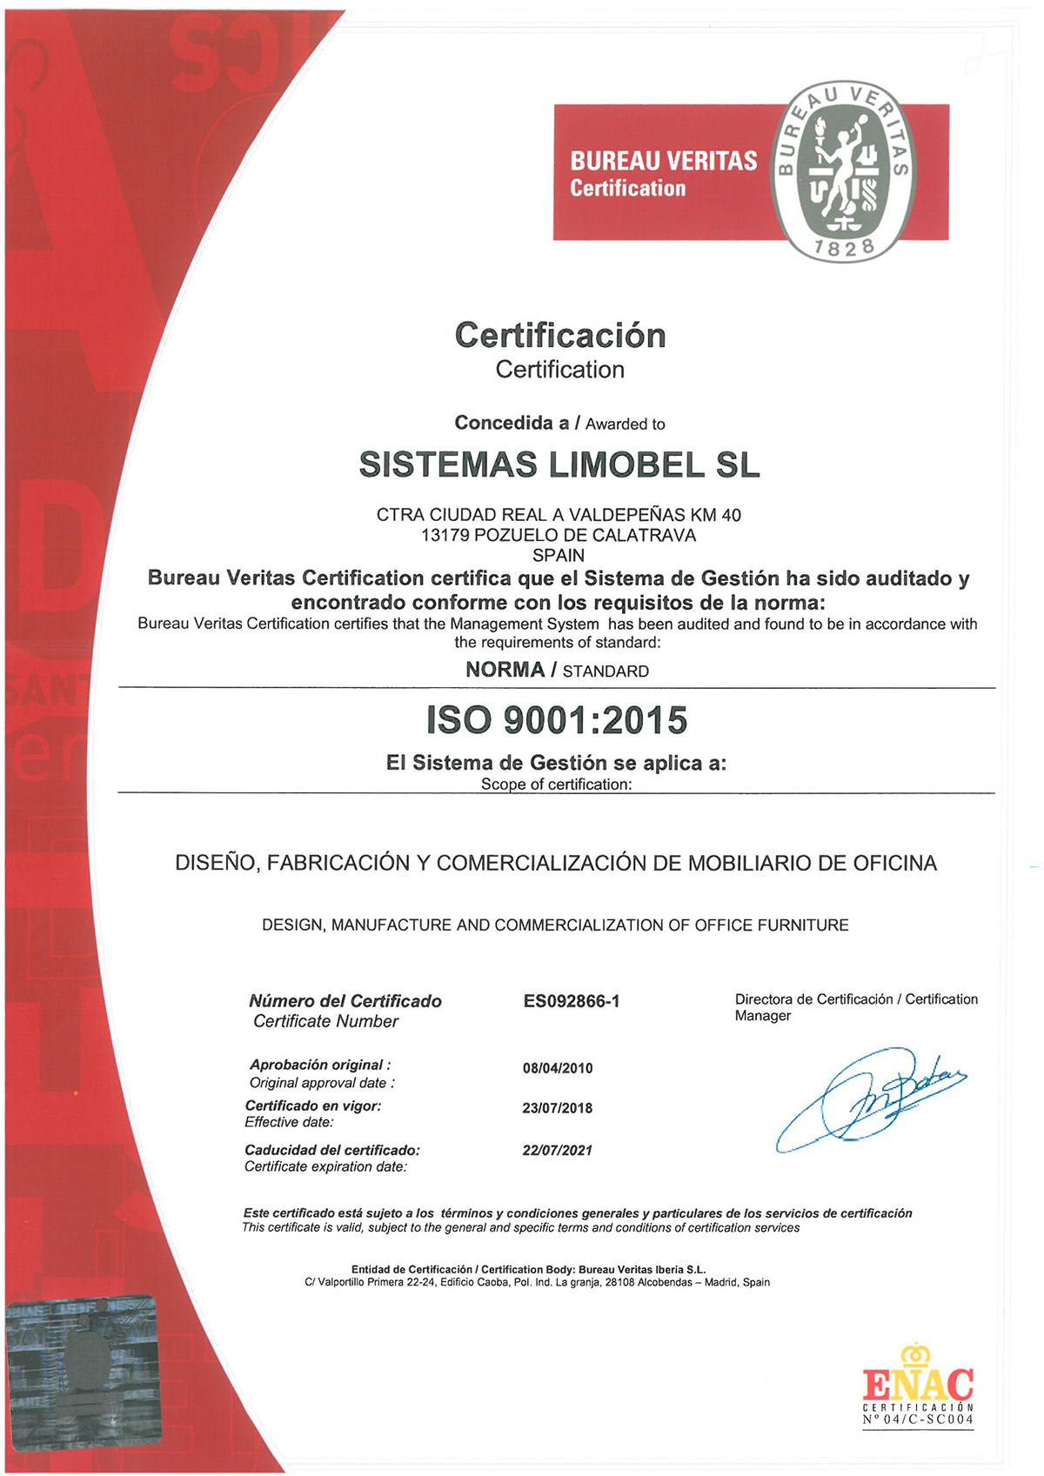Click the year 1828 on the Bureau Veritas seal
844,247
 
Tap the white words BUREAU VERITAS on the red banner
664,161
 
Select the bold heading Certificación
560,336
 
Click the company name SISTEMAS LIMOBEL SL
559,465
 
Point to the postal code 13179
445,536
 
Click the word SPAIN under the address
559,556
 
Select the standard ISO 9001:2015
557,720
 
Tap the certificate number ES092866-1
572,1001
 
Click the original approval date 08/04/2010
558,1068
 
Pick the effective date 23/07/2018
558,1108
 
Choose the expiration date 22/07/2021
558,1150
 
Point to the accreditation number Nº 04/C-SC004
918,1420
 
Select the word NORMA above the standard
505,670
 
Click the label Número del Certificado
345,1001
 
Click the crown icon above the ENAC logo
915,1353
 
